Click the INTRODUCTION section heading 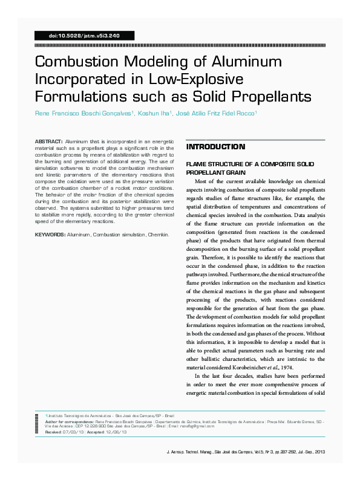coord(215,147)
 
